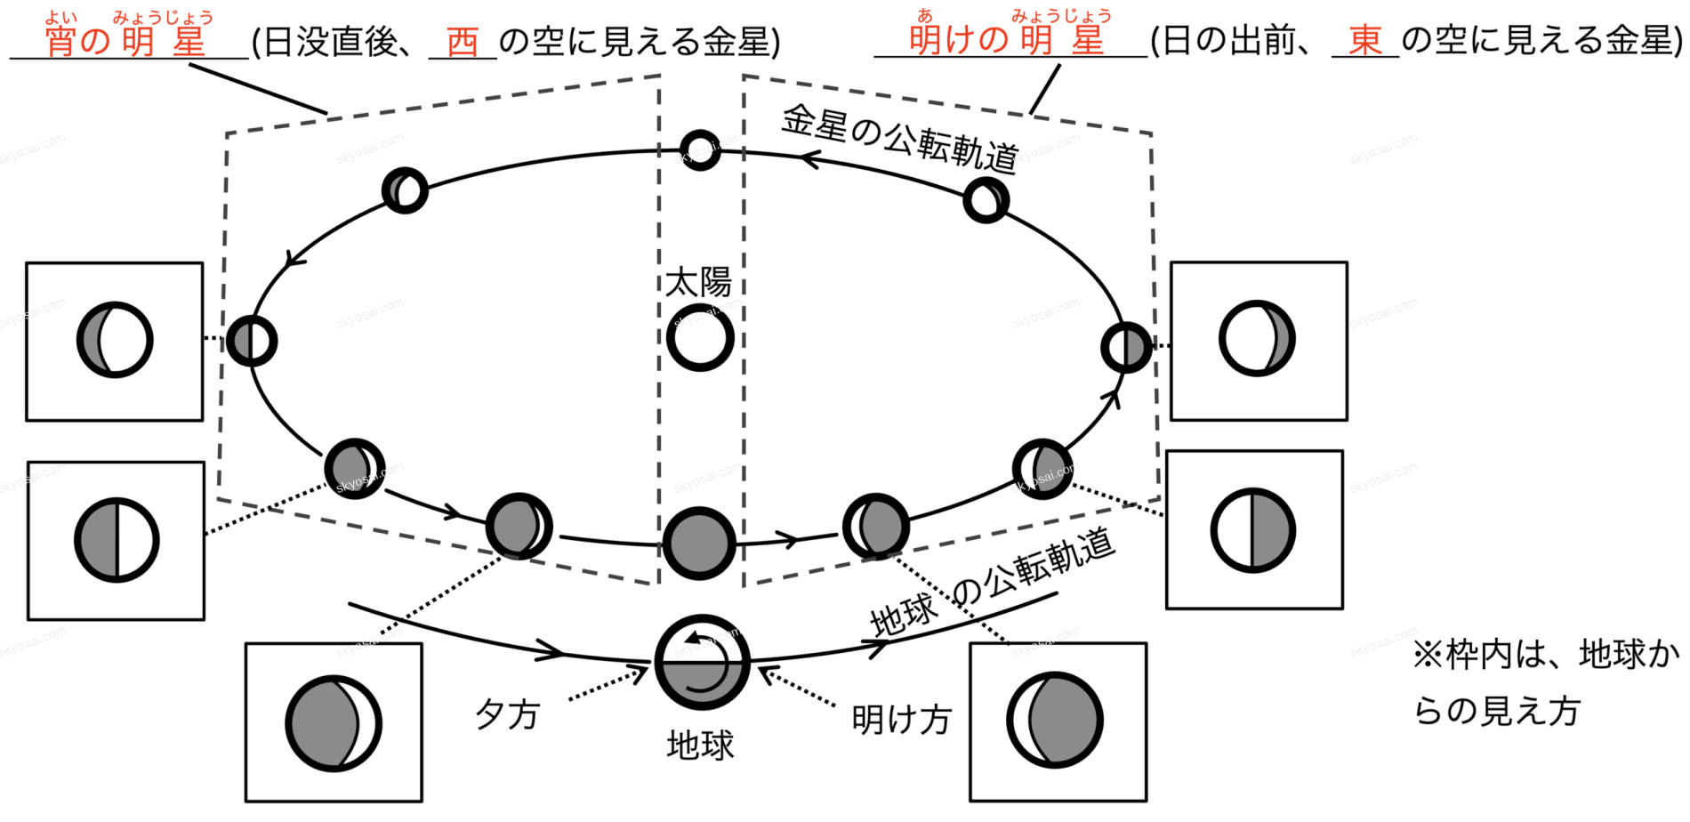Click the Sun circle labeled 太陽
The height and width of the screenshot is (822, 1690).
pos(700,338)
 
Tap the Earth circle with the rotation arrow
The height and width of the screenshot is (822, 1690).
pos(702,662)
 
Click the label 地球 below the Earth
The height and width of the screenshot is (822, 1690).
pos(700,745)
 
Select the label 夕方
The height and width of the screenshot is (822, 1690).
pos(507,713)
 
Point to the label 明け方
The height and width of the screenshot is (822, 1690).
pos(902,719)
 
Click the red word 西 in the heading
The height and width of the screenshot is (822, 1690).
pos(463,41)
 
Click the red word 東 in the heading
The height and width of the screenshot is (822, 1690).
pos(1364,40)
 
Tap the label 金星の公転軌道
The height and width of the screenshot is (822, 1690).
pos(899,138)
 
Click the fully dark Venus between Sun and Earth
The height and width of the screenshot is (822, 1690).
pos(699,544)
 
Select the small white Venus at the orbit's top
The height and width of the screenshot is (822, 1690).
pos(700,149)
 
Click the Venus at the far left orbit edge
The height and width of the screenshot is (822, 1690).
pos(252,340)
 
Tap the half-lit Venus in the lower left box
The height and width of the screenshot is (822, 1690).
pos(117,540)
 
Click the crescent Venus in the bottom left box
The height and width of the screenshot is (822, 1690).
pos(334,723)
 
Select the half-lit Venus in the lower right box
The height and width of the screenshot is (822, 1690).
pos(1253,530)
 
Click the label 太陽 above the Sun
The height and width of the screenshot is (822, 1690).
pos(698,283)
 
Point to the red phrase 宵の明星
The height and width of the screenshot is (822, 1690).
pos(125,41)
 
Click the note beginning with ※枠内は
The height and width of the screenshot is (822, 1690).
pos(1545,683)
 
